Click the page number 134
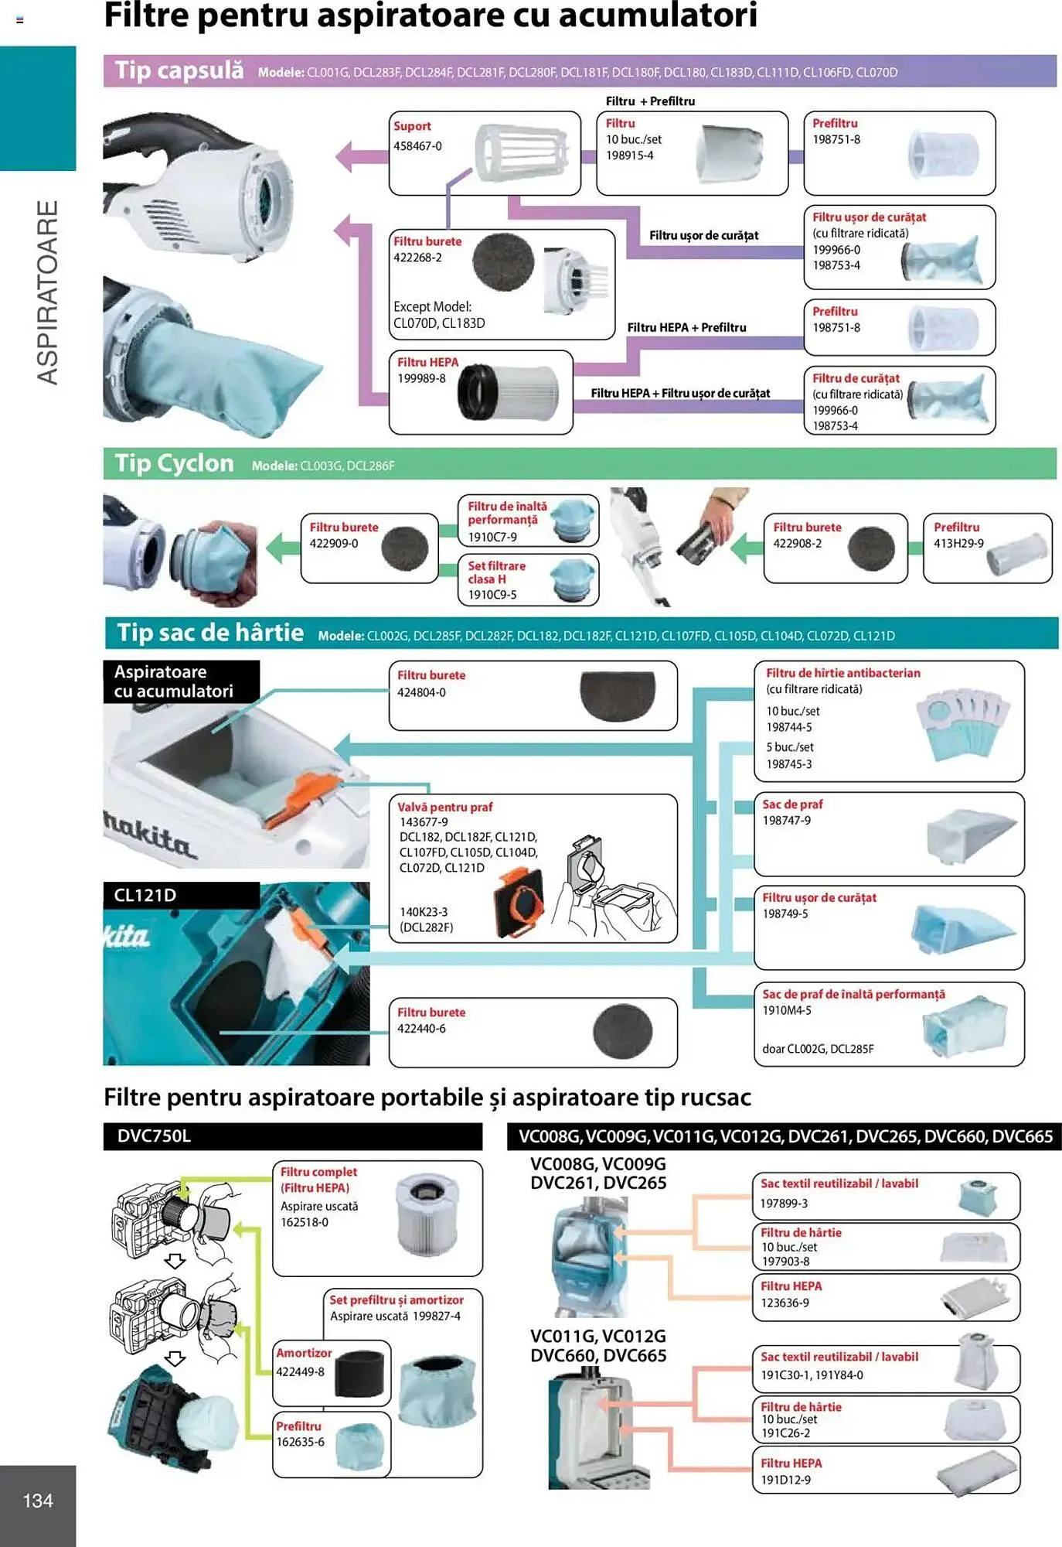click(x=38, y=1501)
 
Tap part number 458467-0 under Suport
click(x=417, y=145)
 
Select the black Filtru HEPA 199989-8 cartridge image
click(x=508, y=391)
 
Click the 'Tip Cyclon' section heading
click(x=174, y=463)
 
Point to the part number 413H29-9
click(x=958, y=543)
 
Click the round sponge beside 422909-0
click(x=404, y=548)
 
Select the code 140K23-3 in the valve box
click(x=424, y=911)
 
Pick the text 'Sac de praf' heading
click(x=792, y=804)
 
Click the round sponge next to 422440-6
click(x=622, y=1031)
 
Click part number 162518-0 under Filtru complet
click(x=305, y=1222)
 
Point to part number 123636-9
click(x=785, y=1303)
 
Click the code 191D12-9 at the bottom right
click(x=785, y=1480)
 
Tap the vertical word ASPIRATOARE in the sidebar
click(x=48, y=292)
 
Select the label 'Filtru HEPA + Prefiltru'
click(x=686, y=327)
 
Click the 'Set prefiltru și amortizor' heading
click(x=397, y=1299)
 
